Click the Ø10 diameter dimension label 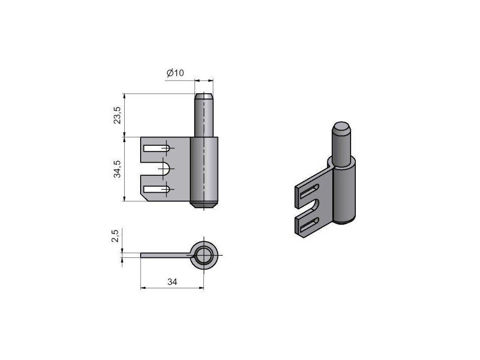pyautogui.click(x=175, y=73)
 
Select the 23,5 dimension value pyautogui.click(x=117, y=115)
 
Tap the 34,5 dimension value pyautogui.click(x=117, y=169)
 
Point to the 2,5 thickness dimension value pyautogui.click(x=115, y=236)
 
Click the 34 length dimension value pyautogui.click(x=172, y=282)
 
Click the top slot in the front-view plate pyautogui.click(x=157, y=149)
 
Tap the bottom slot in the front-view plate pyautogui.click(x=157, y=189)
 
